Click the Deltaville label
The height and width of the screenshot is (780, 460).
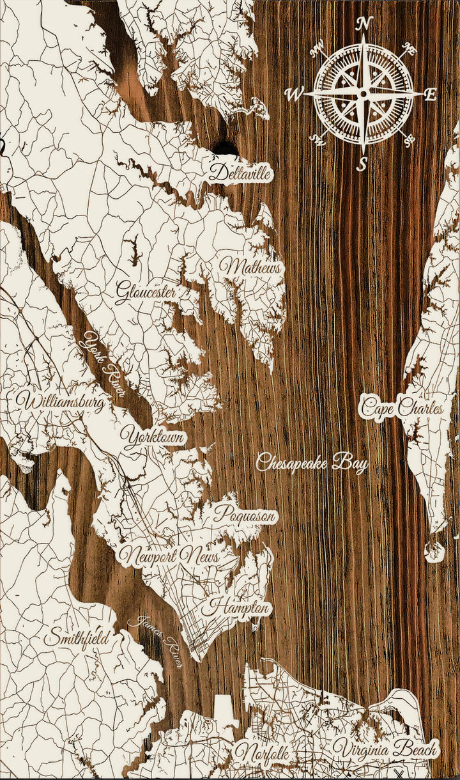click(x=240, y=173)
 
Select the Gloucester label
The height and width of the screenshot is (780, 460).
click(x=146, y=292)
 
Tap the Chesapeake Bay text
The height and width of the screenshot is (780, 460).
click(x=312, y=463)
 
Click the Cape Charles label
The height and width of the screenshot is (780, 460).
click(x=401, y=407)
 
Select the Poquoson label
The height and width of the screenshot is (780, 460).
click(x=245, y=515)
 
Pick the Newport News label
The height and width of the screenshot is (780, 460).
click(x=169, y=556)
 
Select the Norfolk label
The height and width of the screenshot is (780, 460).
click(x=261, y=753)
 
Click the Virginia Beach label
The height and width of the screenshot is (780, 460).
click(x=386, y=749)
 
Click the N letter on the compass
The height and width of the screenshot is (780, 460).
click(x=364, y=24)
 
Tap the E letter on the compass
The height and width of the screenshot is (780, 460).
click(x=431, y=95)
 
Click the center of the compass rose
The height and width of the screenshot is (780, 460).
click(x=363, y=94)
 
